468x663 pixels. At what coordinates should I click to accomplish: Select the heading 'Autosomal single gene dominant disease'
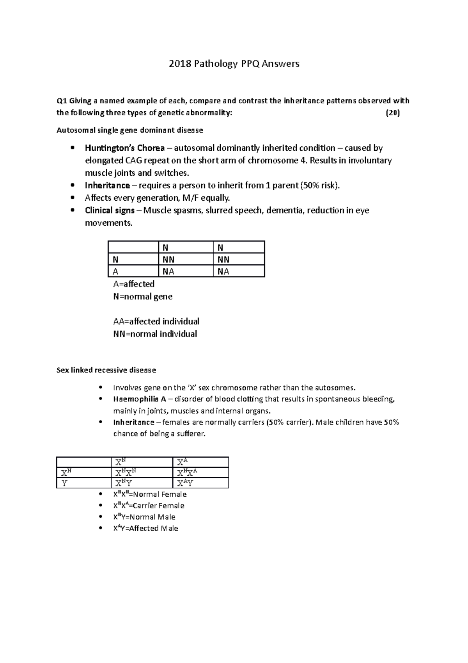click(129, 130)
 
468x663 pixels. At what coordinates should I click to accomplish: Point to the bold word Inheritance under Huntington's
click(107, 185)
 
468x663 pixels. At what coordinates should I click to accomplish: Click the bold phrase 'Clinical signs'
click(110, 210)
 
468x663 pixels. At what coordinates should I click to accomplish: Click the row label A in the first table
click(115, 272)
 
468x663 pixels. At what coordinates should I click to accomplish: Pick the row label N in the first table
click(115, 260)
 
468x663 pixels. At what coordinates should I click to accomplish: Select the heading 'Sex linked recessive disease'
click(106, 370)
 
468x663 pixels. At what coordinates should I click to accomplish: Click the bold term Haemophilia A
click(139, 399)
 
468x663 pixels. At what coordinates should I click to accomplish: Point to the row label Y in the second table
click(64, 483)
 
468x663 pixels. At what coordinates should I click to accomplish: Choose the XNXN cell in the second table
click(126, 473)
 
